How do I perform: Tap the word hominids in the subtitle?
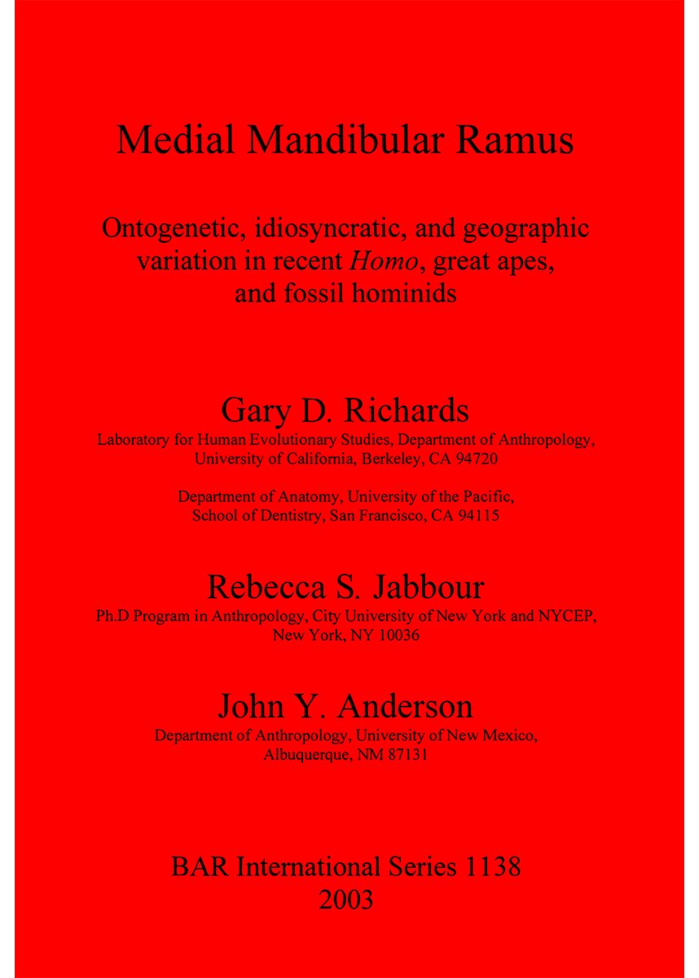(x=398, y=293)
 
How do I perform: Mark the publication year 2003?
(x=348, y=900)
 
